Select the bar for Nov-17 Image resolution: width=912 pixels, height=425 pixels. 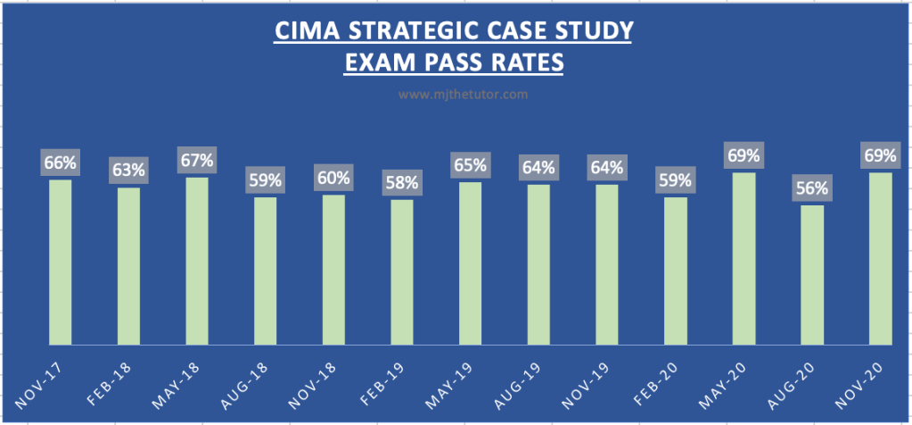(60, 262)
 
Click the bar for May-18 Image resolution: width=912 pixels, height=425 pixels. (196, 260)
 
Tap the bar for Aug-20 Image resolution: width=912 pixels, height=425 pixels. (812, 274)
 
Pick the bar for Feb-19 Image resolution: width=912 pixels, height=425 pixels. (401, 271)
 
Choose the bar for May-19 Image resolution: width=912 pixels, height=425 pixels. (470, 262)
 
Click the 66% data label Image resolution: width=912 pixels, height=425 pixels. (60, 163)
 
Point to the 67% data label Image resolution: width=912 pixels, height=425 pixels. (196, 161)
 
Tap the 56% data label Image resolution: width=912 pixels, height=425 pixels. (812, 189)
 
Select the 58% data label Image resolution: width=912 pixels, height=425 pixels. (401, 183)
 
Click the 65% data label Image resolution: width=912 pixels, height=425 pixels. (470, 165)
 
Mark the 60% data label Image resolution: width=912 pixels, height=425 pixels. (333, 179)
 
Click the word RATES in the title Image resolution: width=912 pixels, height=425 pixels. (530, 63)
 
